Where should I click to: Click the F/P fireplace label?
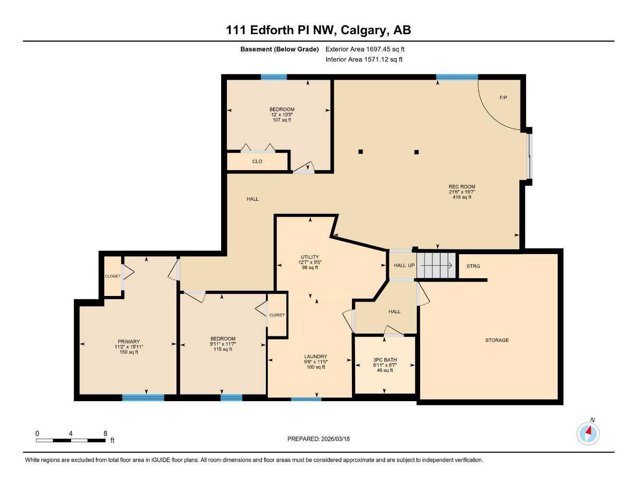point(503,98)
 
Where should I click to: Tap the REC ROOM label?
point(462,187)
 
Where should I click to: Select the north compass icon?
point(588,433)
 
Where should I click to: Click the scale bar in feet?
point(71,440)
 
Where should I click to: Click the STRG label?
point(473,266)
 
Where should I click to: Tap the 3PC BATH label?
point(385,359)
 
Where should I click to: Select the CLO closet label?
point(257,161)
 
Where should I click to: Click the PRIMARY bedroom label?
point(129,342)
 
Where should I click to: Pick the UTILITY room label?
point(310,257)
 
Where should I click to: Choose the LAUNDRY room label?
point(315,357)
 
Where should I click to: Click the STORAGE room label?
point(497,340)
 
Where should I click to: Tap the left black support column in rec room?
point(361,152)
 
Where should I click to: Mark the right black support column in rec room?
point(416,152)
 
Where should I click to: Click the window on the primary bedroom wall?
point(143,397)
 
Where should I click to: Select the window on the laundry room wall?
point(306,399)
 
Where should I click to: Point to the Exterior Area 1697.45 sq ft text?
point(365,49)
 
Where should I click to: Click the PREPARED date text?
point(318,439)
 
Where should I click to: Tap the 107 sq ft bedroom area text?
point(282,120)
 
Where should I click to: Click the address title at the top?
point(318,30)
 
